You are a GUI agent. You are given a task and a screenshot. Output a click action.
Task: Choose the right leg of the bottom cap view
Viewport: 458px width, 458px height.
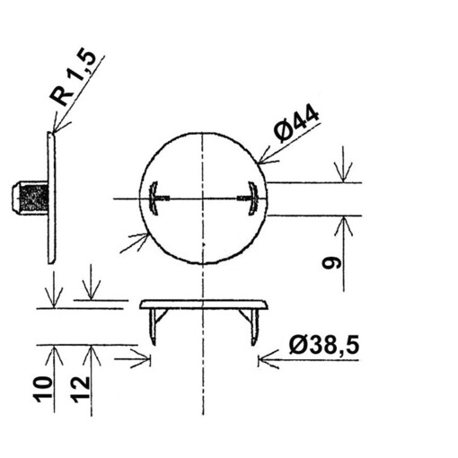tap(255, 325)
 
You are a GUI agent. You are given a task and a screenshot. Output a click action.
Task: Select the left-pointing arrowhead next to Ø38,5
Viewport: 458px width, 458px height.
tap(265, 361)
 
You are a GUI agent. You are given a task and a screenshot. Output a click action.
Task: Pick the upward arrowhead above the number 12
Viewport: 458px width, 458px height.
tap(92, 352)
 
